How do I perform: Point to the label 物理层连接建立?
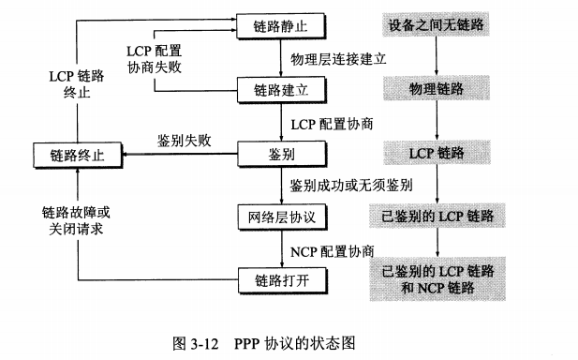click(x=338, y=58)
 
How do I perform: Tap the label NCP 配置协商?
click(x=332, y=250)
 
